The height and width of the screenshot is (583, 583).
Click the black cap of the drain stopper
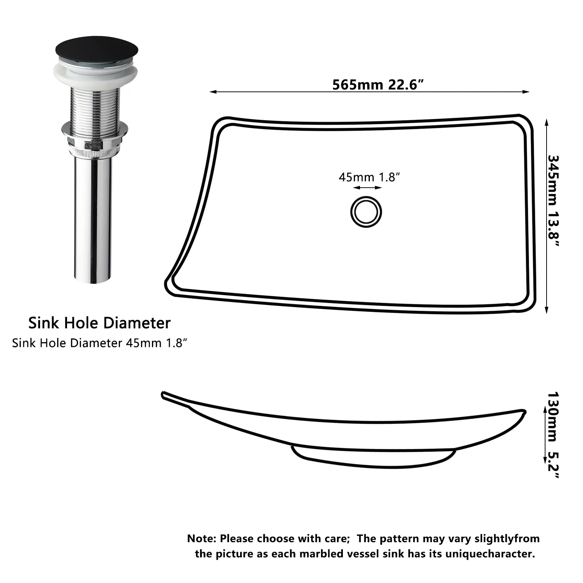tap(97, 49)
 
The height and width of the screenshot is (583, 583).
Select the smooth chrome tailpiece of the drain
tap(93, 219)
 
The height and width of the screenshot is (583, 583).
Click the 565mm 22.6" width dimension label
tap(378, 85)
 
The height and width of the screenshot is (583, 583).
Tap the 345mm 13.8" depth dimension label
tap(553, 201)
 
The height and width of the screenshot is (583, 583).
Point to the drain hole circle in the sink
tap(366, 212)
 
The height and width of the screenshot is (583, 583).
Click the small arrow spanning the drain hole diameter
tap(367, 188)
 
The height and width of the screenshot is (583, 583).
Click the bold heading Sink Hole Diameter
tap(99, 323)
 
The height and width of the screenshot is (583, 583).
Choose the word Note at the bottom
tap(201, 539)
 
